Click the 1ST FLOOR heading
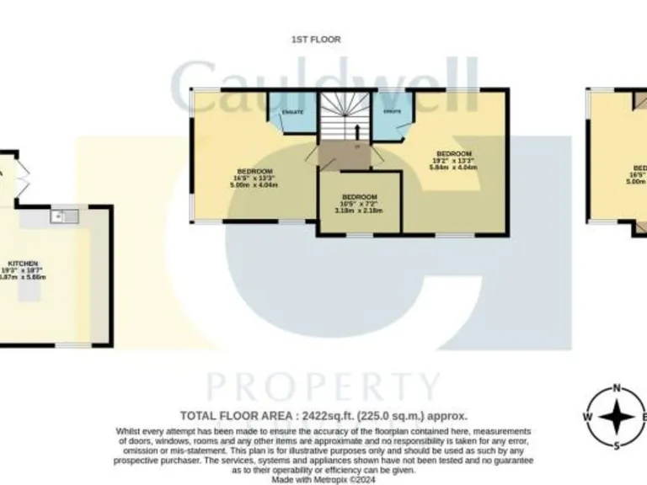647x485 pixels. click(316, 40)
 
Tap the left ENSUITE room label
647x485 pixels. click(292, 111)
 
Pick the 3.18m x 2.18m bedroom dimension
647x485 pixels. click(359, 211)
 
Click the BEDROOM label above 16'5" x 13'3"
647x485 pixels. click(254, 171)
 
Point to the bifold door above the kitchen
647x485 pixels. click(23, 179)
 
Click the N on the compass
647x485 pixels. click(617, 389)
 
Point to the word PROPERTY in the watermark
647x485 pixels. click(324, 387)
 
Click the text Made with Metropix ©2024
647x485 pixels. click(323, 478)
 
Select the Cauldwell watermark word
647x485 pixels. click(324, 88)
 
